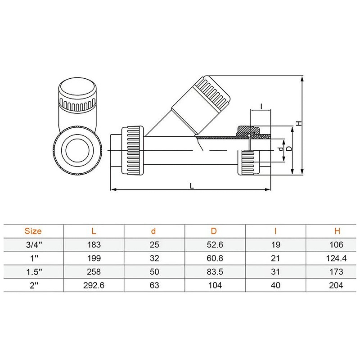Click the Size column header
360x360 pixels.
point(33,231)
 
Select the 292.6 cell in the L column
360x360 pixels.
point(93,285)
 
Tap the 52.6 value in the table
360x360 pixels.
point(214,245)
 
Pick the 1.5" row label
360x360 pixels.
point(33,272)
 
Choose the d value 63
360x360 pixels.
point(153,285)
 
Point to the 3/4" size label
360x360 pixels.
point(33,245)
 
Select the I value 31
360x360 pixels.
point(276,272)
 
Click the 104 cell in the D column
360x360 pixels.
point(214,285)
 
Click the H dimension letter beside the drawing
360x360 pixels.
point(298,122)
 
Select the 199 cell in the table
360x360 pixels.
point(93,258)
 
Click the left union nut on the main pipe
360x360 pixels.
point(135,148)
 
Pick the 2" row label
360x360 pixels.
point(33,285)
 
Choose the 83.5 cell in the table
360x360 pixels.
point(214,272)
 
